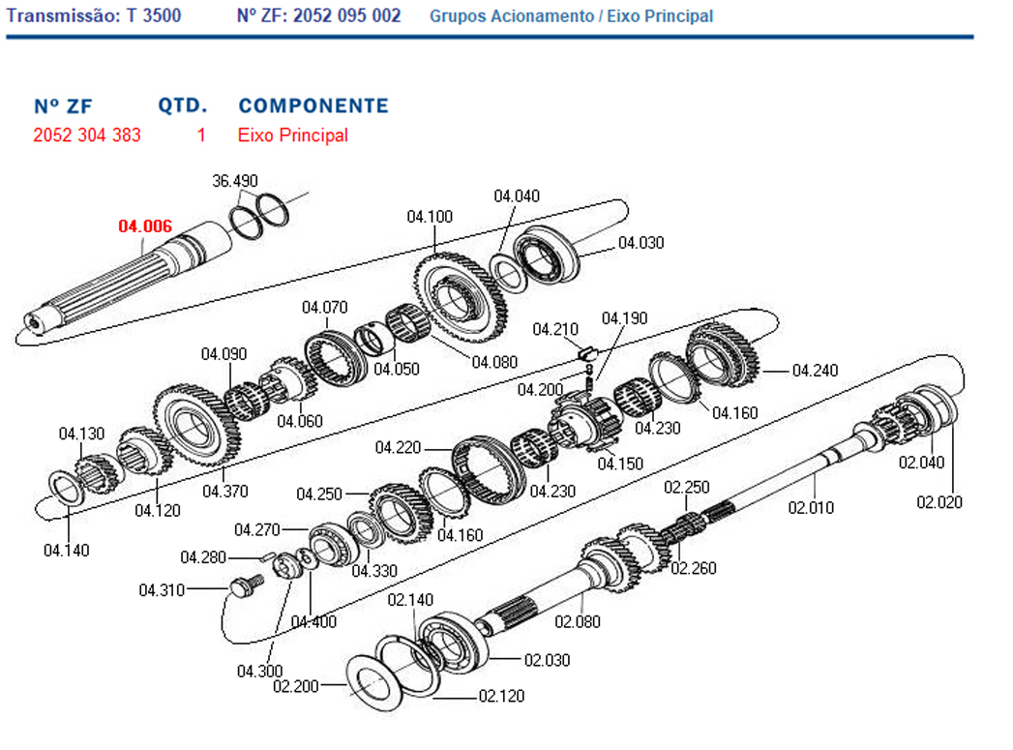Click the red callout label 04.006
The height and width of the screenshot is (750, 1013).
pyautogui.click(x=145, y=226)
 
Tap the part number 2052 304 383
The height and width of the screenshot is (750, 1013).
pyautogui.click(x=86, y=135)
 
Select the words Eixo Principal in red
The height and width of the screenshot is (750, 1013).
pyautogui.click(x=292, y=135)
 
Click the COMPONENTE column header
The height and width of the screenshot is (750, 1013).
pyautogui.click(x=313, y=105)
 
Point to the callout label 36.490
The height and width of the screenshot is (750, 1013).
pyautogui.click(x=235, y=181)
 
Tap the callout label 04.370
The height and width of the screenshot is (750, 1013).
pyautogui.click(x=224, y=492)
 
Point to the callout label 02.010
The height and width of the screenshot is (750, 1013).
pyautogui.click(x=811, y=507)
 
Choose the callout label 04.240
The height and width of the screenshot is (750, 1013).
pyautogui.click(x=815, y=370)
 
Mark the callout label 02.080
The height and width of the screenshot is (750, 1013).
pyautogui.click(x=577, y=621)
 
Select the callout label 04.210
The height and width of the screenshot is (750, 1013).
pyautogui.click(x=555, y=329)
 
